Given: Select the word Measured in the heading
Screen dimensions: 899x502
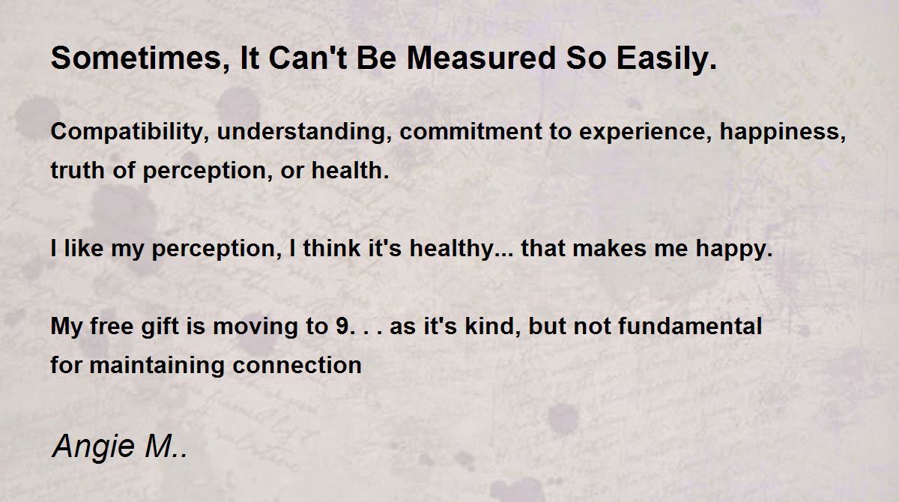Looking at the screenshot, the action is click(x=481, y=58).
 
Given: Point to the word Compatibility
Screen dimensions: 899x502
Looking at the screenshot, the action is click(x=127, y=132).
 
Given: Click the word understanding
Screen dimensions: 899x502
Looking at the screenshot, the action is click(x=301, y=132).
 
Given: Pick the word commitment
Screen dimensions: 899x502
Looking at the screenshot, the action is click(x=471, y=132).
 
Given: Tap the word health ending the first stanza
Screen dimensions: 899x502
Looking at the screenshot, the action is click(x=347, y=170).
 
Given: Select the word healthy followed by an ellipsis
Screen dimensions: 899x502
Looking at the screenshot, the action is click(x=452, y=250).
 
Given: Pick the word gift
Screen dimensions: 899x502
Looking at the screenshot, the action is click(x=160, y=327).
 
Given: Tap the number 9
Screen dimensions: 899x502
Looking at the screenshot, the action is click(x=343, y=326).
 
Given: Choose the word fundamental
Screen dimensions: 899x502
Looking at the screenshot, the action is click(x=690, y=325).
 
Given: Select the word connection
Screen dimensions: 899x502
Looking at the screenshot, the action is click(x=297, y=366).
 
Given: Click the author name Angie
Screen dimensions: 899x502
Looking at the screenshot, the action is click(x=94, y=447).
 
